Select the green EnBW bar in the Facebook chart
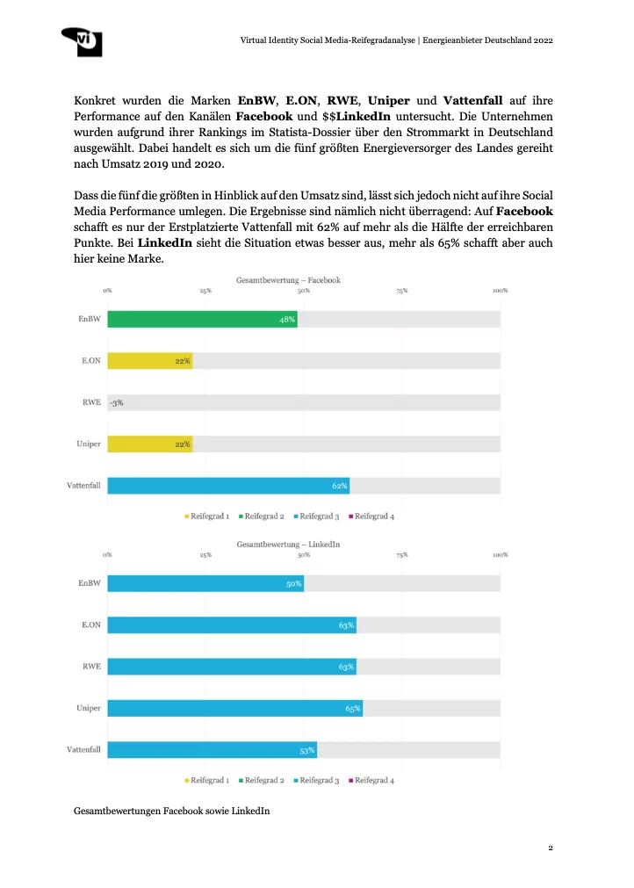[202, 320]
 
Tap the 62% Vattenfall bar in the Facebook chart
[228, 485]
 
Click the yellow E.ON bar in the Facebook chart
[149, 360]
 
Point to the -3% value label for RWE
[117, 402]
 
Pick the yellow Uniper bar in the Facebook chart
[149, 444]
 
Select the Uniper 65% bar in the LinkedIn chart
[234, 708]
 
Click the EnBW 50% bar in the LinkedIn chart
[205, 584]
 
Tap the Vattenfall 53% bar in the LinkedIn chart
[211, 750]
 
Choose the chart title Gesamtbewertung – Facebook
[288, 280]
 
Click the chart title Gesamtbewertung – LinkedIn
[288, 545]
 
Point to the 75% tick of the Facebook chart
[401, 291]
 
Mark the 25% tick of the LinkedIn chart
[205, 555]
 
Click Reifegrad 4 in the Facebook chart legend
[374, 516]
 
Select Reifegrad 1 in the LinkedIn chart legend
[210, 780]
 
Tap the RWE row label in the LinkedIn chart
[91, 667]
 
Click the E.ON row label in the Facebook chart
[90, 360]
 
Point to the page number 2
[550, 848]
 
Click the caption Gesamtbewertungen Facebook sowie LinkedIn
[172, 812]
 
